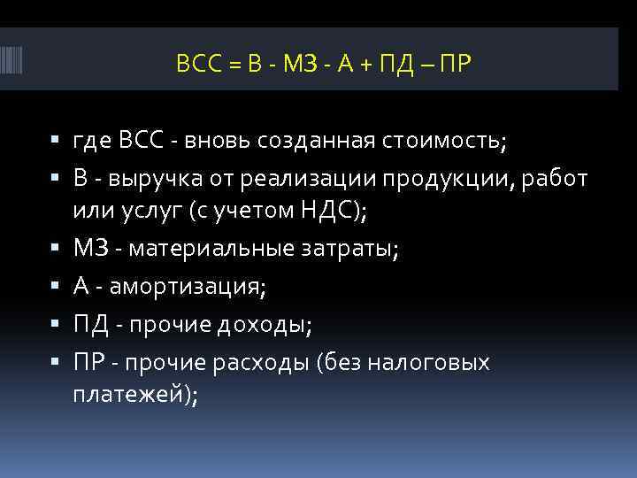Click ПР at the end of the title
pyautogui.click(x=453, y=64)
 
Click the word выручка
pyautogui.click(x=152, y=180)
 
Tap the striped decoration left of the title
pyautogui.click(x=19, y=65)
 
